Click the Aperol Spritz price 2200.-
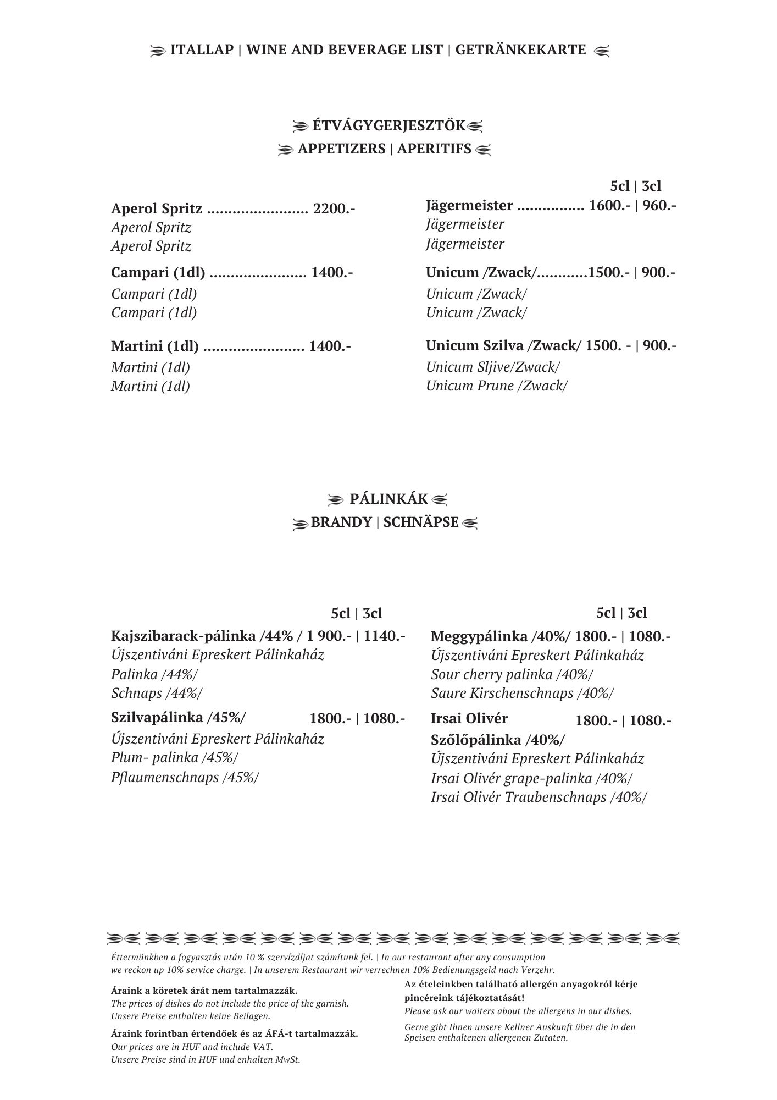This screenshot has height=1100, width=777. (334, 209)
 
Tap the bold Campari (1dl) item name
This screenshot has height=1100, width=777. (158, 272)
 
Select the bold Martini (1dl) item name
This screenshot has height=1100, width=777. (154, 346)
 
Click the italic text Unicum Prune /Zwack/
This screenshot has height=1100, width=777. (496, 386)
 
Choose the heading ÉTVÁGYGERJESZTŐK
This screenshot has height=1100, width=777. (389, 126)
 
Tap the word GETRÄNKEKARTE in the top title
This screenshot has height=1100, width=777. (520, 50)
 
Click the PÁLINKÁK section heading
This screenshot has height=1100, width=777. (389, 499)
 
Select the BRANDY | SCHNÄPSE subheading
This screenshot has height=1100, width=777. (385, 522)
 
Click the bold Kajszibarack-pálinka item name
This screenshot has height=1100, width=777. (183, 636)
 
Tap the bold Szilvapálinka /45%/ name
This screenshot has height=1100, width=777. (179, 718)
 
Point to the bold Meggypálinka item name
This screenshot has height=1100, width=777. (480, 637)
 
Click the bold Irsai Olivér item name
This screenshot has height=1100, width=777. (469, 718)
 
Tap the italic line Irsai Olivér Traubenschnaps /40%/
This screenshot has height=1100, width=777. (539, 797)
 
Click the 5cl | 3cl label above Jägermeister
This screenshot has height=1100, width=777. (636, 186)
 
